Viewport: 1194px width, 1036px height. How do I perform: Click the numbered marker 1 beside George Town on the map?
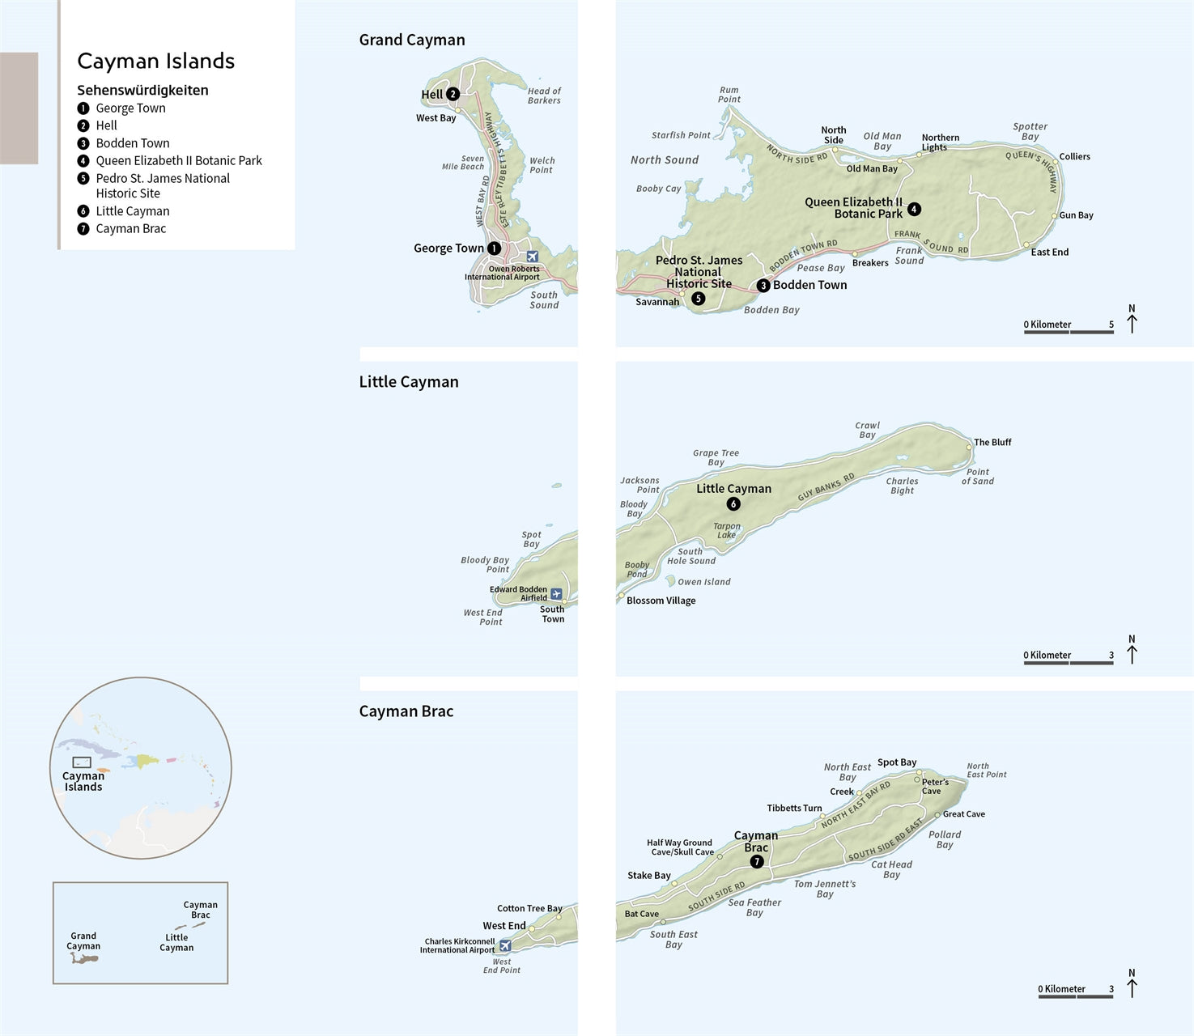494,248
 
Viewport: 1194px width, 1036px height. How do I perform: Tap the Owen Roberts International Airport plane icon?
533,257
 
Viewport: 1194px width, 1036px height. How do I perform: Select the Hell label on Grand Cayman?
431,95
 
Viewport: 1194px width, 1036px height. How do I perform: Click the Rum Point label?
729,95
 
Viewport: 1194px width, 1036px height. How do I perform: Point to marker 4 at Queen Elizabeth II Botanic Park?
914,209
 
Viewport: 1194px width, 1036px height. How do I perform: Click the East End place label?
1049,253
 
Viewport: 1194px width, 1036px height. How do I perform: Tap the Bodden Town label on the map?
809,285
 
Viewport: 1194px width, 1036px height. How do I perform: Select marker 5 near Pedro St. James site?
699,299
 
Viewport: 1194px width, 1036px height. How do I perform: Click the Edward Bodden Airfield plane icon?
556,594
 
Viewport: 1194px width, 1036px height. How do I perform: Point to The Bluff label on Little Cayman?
992,443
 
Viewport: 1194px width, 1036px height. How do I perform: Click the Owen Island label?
703,582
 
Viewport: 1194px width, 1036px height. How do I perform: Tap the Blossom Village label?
661,601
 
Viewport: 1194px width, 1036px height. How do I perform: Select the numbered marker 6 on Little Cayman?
733,504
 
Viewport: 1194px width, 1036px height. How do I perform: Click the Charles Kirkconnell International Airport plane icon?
505,945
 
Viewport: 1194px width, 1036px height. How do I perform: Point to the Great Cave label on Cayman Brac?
963,814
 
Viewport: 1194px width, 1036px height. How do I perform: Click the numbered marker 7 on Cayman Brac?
757,862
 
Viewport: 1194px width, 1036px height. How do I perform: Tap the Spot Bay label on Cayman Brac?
897,762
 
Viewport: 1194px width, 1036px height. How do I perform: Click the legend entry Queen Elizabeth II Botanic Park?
179,161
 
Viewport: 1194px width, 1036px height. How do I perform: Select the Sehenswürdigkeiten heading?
142,91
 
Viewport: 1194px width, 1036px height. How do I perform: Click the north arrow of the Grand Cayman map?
1132,320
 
